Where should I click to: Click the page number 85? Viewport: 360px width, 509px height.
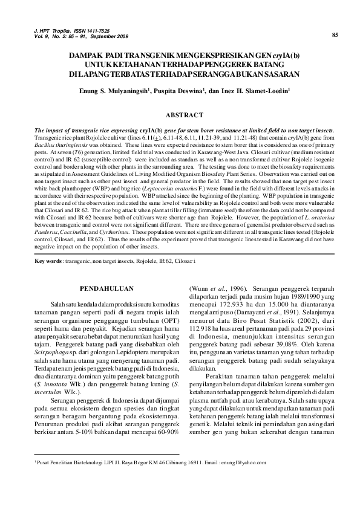point(335,34)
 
